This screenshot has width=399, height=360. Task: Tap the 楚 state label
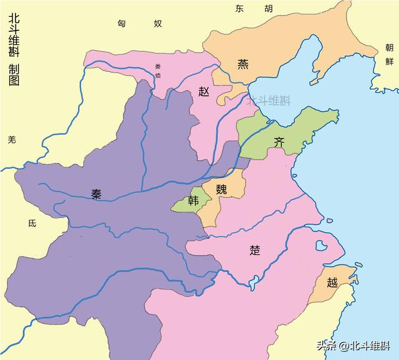tap(254, 250)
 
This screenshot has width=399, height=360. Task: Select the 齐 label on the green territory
tap(280, 142)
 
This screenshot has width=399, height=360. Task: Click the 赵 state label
tap(204, 91)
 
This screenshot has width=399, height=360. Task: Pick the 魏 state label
tap(222, 190)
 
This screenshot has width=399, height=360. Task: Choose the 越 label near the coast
tap(332, 283)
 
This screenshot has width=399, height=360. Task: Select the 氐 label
tap(32, 222)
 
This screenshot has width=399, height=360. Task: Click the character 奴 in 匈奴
tap(158, 23)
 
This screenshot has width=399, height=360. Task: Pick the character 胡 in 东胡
tap(268, 8)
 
